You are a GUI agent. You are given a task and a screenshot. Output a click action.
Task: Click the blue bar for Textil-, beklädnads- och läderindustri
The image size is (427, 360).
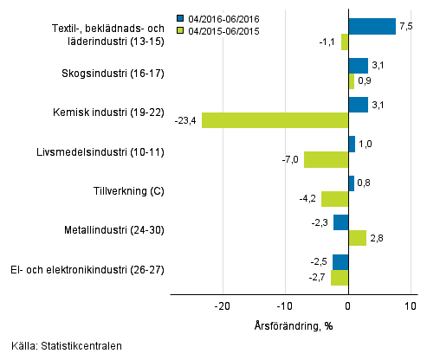click(x=372, y=26)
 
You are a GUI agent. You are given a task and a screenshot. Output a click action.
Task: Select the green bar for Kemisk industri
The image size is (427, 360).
click(x=275, y=120)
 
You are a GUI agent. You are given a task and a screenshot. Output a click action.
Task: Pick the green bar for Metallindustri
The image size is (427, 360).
click(x=357, y=238)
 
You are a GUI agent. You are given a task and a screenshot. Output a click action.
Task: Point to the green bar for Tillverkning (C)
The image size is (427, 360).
click(x=334, y=199)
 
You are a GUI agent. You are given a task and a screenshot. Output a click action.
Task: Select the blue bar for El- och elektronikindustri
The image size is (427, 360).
click(x=340, y=261)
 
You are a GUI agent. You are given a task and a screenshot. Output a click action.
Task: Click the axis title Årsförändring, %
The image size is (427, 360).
click(x=294, y=325)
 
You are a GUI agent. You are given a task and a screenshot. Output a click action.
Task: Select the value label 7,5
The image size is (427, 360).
click(x=406, y=26)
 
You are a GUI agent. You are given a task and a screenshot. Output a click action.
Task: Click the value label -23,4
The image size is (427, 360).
click(x=186, y=120)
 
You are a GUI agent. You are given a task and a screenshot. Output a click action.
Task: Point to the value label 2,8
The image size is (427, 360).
click(x=377, y=238)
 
